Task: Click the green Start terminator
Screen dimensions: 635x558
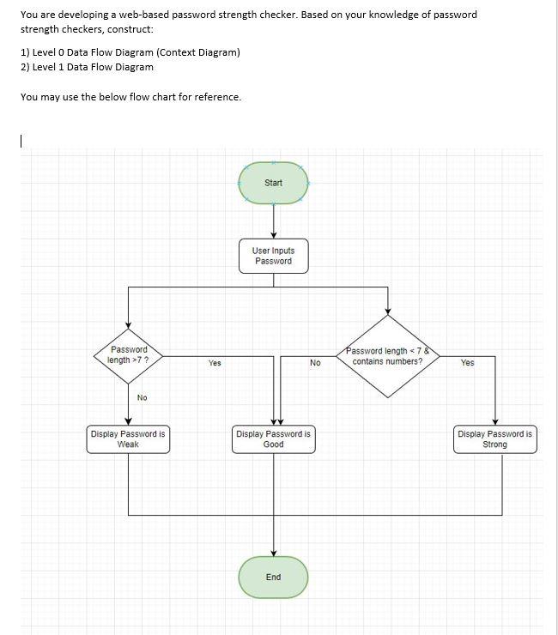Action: [x=273, y=183]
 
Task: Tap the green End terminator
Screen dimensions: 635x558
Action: [x=273, y=577]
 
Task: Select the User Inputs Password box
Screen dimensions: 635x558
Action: [x=273, y=256]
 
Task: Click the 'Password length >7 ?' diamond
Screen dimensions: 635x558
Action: [x=129, y=355]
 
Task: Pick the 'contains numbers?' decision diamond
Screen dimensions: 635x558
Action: [x=388, y=356]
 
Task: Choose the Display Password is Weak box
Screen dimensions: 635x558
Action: [x=128, y=439]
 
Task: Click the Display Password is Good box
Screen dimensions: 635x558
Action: [x=273, y=439]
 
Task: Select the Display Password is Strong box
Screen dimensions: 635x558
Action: [x=494, y=439]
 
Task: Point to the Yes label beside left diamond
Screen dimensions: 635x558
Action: [x=215, y=363]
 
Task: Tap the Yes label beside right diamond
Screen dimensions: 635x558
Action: [x=467, y=363]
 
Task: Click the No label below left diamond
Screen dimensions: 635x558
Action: [x=142, y=397]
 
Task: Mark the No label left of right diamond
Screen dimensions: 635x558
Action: [x=315, y=363]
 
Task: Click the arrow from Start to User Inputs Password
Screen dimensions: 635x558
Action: [x=273, y=222]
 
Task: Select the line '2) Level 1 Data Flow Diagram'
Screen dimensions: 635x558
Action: [x=87, y=67]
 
